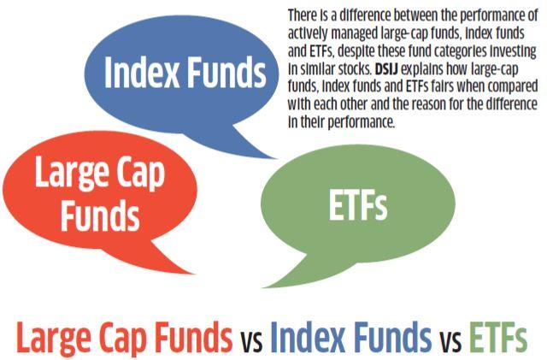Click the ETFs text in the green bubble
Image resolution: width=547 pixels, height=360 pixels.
[354, 206]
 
